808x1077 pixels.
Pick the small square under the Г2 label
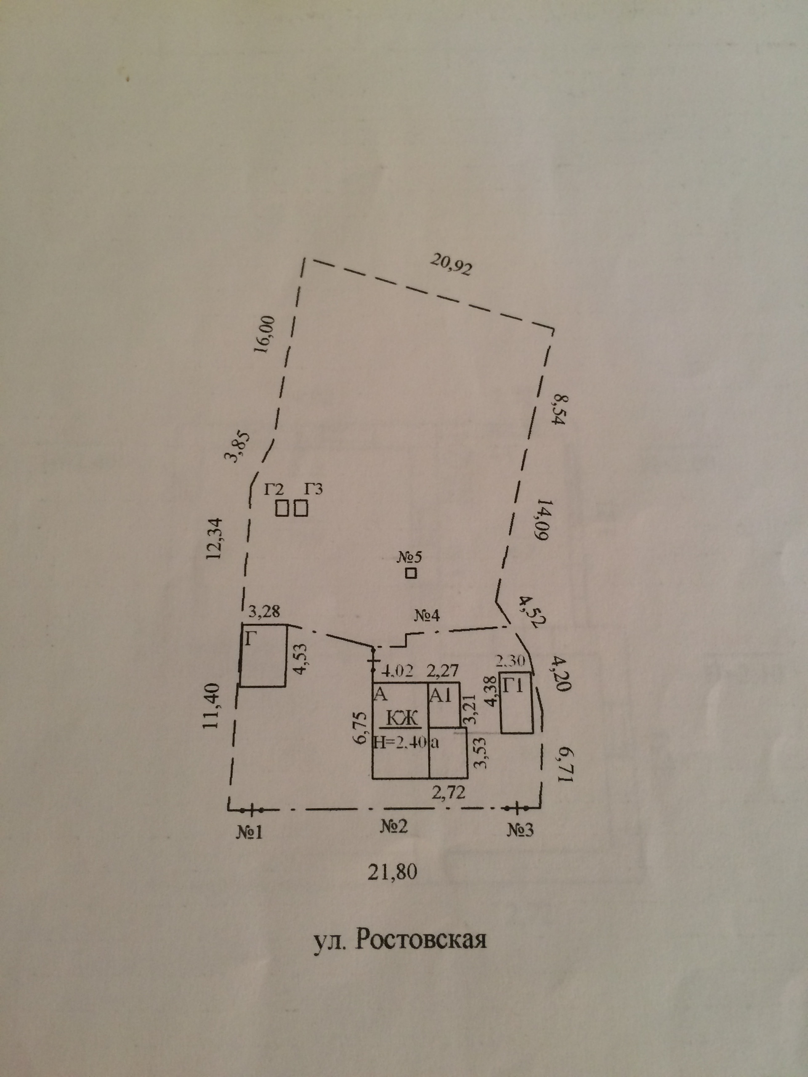click(x=282, y=508)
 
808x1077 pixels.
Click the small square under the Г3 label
click(x=301, y=508)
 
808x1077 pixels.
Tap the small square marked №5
click(x=411, y=573)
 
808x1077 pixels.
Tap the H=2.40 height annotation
click(x=400, y=742)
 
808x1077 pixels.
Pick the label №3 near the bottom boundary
click(x=520, y=829)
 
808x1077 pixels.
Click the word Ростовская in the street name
click(x=421, y=940)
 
